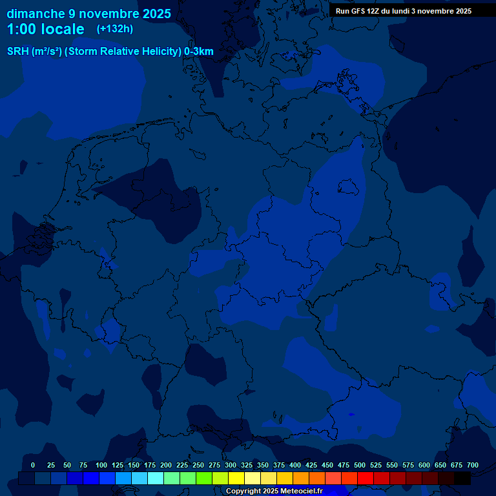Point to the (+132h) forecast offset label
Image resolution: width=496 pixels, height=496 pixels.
(114, 29)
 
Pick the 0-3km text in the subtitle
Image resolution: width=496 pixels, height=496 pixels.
(199, 52)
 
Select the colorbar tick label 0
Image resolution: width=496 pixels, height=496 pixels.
(33, 465)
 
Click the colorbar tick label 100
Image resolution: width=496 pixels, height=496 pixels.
(101, 465)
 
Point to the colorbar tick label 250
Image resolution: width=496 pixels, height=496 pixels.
(198, 465)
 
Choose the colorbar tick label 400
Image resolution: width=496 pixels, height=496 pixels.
(295, 465)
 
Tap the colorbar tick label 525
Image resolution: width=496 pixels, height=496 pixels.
(376, 465)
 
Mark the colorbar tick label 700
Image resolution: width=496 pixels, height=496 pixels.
(473, 465)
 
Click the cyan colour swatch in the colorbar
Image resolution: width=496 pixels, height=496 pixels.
(156, 479)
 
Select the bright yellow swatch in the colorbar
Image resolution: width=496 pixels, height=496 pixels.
(236, 479)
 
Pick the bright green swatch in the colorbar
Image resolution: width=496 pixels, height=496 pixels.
(204, 479)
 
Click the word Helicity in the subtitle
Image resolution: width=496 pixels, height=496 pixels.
(157, 52)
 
